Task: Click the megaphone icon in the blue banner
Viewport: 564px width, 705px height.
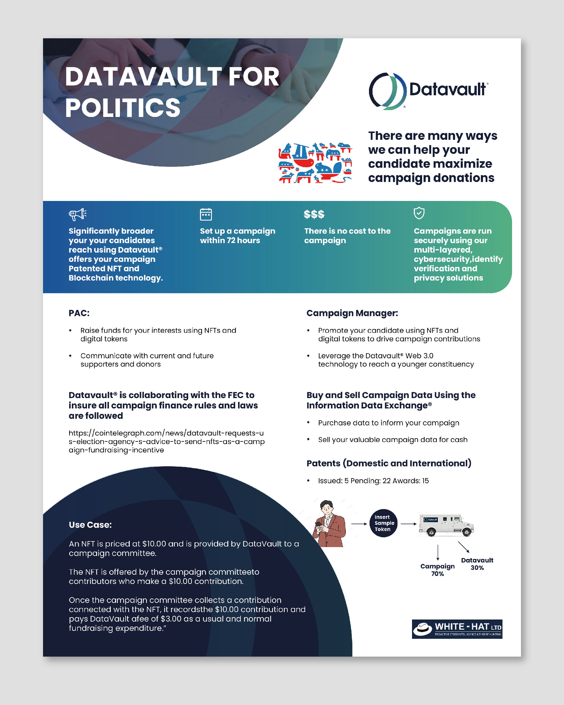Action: [x=77, y=214]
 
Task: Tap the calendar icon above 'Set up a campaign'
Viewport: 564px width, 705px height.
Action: [x=206, y=214]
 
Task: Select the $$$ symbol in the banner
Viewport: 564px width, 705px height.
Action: [x=314, y=214]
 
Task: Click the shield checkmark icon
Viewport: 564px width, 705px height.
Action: [x=419, y=213]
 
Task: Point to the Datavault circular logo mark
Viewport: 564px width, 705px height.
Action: [x=387, y=91]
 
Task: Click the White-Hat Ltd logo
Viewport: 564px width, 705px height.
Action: [x=457, y=629]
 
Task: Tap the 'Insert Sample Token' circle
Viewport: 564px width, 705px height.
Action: [x=384, y=523]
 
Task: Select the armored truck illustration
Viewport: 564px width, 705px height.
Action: [x=446, y=525]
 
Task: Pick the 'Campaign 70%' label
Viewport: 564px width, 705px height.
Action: [x=437, y=570]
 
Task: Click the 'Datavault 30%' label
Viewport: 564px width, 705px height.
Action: [x=477, y=564]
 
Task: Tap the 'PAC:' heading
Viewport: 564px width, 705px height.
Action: [x=79, y=313]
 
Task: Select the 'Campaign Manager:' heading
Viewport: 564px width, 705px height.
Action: [x=352, y=313]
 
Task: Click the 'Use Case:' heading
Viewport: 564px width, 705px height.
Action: [x=90, y=525]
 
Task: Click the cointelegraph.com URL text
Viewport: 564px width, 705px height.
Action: [x=167, y=441]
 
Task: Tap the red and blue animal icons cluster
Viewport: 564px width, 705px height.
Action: [x=315, y=162]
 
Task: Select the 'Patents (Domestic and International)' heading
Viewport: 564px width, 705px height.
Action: [x=389, y=463]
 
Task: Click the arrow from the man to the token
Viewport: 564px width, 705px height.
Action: [x=359, y=524]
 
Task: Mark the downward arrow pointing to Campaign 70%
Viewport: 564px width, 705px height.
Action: [x=438, y=553]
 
